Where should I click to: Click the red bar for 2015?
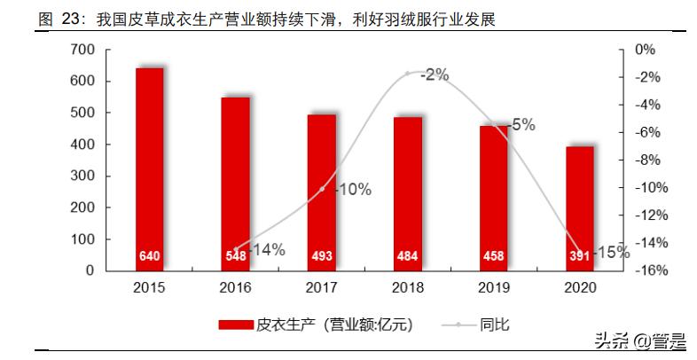click(x=149, y=168)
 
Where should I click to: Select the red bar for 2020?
click(x=580, y=208)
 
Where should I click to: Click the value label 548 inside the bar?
click(x=235, y=257)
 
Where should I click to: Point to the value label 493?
click(x=322, y=257)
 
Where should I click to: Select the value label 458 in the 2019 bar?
click(x=494, y=257)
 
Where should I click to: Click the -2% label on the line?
click(x=434, y=75)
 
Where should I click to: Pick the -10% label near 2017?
click(x=352, y=189)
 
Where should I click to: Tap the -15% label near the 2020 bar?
click(x=612, y=252)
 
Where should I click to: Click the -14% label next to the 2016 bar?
click(x=267, y=250)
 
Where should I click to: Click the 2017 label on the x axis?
click(x=322, y=288)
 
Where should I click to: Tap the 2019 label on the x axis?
click(x=494, y=288)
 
